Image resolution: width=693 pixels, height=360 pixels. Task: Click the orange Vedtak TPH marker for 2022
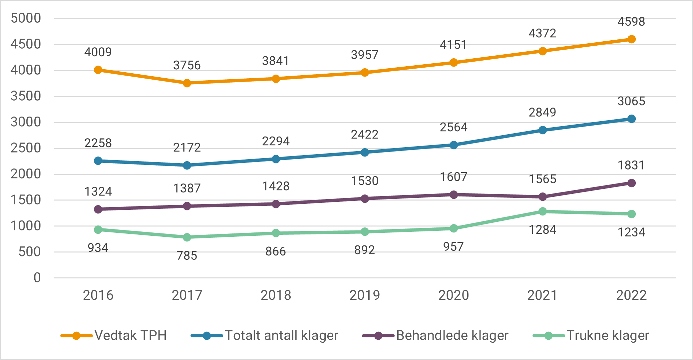click(x=631, y=39)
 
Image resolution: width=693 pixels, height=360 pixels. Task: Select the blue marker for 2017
click(x=187, y=165)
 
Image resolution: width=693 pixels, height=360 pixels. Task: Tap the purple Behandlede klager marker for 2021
click(x=542, y=197)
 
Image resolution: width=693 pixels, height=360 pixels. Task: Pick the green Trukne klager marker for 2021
click(x=542, y=211)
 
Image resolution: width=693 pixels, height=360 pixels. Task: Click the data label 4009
click(x=98, y=52)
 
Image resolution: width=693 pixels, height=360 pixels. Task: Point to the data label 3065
click(x=631, y=101)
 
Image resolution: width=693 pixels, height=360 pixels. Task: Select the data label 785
click(x=187, y=256)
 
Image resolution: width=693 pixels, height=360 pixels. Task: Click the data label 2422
click(x=365, y=135)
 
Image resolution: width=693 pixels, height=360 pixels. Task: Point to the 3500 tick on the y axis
click(x=26, y=96)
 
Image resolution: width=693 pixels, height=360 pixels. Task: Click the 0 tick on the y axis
click(x=37, y=278)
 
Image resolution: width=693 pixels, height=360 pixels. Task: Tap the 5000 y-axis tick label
click(x=26, y=18)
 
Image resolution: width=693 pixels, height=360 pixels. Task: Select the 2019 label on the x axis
click(x=365, y=295)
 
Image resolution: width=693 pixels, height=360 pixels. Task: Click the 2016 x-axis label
click(x=98, y=295)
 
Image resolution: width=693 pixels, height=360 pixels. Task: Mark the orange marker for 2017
click(x=187, y=83)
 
